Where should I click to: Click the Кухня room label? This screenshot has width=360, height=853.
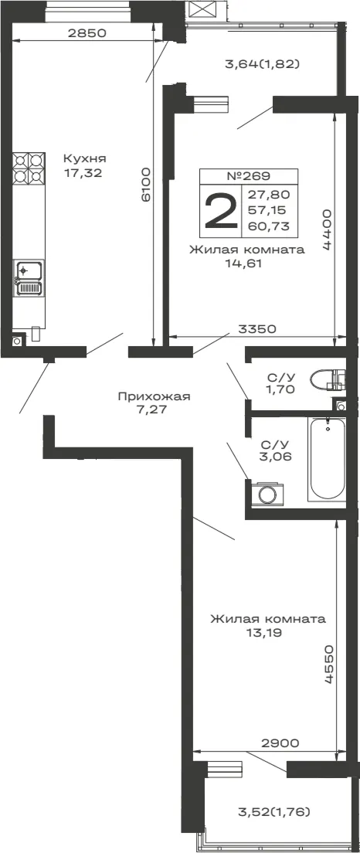[x=84, y=159]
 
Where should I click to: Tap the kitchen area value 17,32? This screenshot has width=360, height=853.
[x=83, y=174]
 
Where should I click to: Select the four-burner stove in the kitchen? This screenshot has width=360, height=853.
[x=29, y=168]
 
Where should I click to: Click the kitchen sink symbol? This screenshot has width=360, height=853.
[x=29, y=278]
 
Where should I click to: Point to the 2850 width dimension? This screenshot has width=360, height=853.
[x=87, y=32]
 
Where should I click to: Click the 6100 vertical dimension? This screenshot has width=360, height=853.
[x=145, y=185]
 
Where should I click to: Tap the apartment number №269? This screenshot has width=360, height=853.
[x=248, y=175]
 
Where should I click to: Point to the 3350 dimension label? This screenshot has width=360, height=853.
[x=258, y=329]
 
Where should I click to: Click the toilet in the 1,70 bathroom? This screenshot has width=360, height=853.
[x=328, y=379]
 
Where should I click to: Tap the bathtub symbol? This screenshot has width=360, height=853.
[x=328, y=458]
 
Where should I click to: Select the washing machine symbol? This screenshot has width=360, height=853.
[x=267, y=494]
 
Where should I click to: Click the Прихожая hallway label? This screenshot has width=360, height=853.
[x=154, y=396]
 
